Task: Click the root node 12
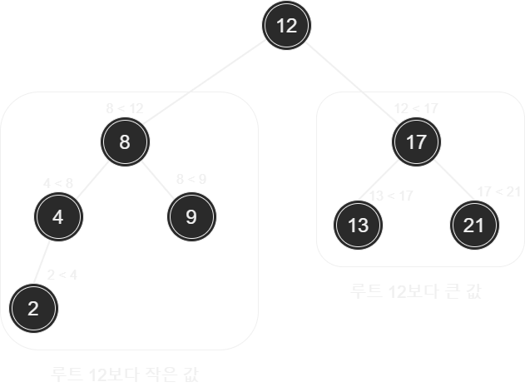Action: (x=286, y=26)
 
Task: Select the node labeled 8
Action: (x=125, y=141)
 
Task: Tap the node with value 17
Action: (x=415, y=141)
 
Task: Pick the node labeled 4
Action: (x=57, y=217)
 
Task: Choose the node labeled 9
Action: (x=191, y=217)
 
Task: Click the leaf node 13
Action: (x=358, y=225)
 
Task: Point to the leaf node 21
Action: (x=474, y=225)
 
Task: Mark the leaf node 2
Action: (x=33, y=308)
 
